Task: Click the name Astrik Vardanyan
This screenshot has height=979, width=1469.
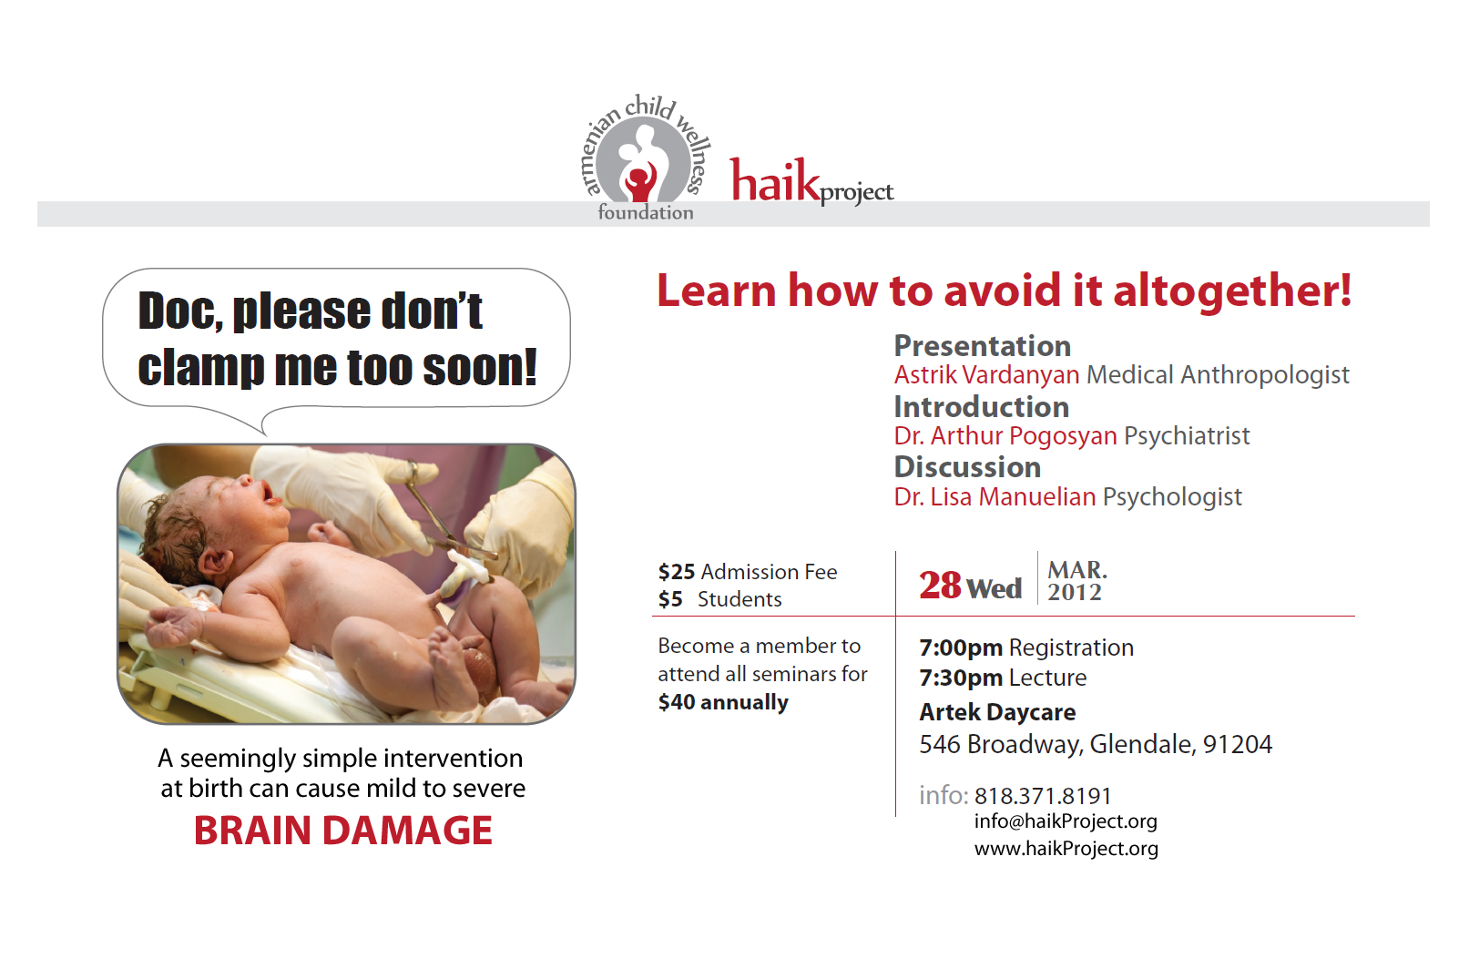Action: click(x=986, y=375)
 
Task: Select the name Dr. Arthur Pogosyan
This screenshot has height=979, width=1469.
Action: click(x=1005, y=436)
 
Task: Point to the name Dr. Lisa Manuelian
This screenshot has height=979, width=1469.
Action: click(x=995, y=497)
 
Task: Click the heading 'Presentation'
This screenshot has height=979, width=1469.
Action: click(x=983, y=345)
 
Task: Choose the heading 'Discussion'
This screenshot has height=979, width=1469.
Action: click(x=967, y=467)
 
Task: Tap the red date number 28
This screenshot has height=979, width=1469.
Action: click(x=940, y=585)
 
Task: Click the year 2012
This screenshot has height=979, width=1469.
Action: click(x=1075, y=592)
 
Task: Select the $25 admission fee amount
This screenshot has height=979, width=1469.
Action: click(x=676, y=572)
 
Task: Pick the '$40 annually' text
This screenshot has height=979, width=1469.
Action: click(x=723, y=702)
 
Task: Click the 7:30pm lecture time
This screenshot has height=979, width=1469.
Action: click(x=961, y=678)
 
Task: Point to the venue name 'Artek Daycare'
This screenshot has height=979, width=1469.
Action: click(x=997, y=712)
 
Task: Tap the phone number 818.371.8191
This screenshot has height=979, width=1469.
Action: click(x=1043, y=796)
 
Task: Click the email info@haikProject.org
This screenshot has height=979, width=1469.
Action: click(x=1066, y=821)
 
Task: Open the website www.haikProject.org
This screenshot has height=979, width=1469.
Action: click(x=1066, y=849)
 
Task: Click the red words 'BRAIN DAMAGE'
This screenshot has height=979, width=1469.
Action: click(x=343, y=831)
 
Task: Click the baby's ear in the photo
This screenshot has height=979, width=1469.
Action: click(x=215, y=561)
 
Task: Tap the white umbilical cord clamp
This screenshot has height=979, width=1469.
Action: click(x=467, y=569)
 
